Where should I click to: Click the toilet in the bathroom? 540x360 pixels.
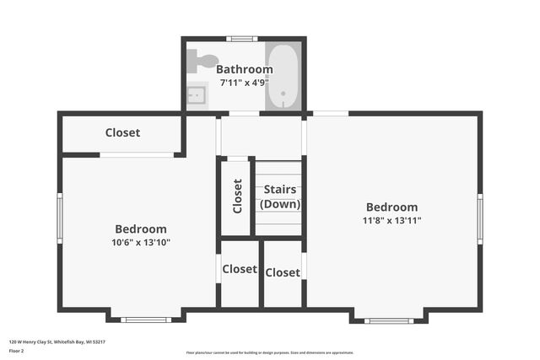point(202,60)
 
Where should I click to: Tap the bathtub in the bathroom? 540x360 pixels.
point(282,77)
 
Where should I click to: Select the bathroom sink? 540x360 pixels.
point(196,95)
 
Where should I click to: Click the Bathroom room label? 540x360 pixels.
point(244,69)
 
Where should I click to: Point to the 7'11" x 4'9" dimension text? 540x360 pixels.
point(244,83)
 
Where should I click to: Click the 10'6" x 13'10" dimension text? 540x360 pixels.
point(141,243)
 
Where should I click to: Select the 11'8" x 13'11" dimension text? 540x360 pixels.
point(391,221)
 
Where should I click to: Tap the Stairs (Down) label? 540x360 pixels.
point(279,197)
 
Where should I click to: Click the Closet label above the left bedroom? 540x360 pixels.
point(122,132)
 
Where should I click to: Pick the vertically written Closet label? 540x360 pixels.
point(237,196)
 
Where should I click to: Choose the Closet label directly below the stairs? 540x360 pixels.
point(283,272)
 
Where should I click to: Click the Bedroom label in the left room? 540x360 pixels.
point(141,228)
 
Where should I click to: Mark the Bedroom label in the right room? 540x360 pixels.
point(391,207)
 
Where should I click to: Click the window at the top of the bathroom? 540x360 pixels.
point(243,39)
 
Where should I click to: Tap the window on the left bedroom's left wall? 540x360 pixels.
point(59,218)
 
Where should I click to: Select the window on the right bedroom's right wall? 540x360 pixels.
point(479,218)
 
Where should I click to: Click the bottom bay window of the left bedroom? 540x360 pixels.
point(145,320)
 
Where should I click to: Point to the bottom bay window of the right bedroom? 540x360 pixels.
point(389,320)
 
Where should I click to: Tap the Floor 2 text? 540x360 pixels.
point(17,350)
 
